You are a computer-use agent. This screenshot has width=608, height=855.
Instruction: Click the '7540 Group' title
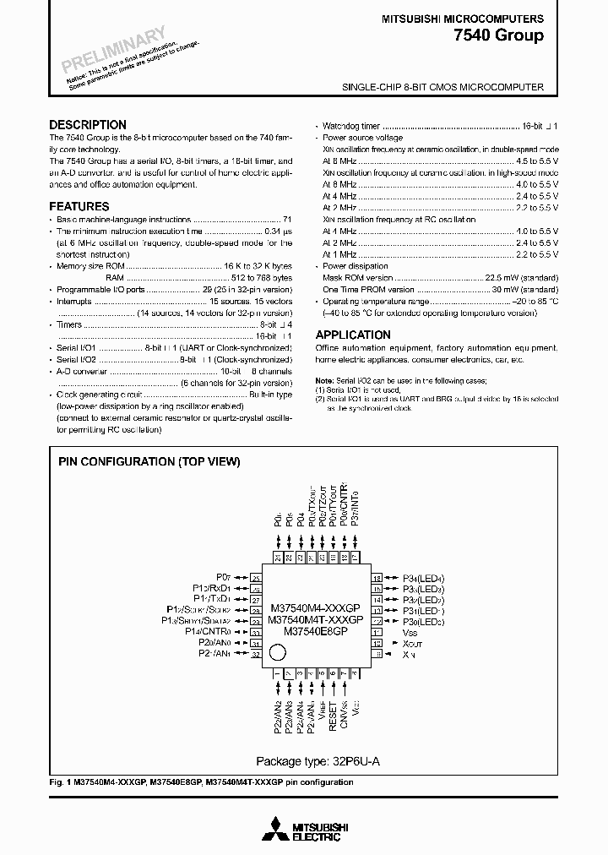point(501,35)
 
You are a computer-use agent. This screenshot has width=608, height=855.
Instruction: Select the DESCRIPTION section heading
point(88,124)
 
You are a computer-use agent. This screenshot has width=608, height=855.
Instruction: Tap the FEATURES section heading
point(79,206)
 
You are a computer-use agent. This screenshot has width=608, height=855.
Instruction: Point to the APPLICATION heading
point(353,335)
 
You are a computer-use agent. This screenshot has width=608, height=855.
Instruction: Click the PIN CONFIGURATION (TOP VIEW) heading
point(149,462)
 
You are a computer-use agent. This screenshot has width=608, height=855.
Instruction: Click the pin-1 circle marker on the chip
point(276,652)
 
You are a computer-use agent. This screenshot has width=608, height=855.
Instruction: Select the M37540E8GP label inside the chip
point(316,630)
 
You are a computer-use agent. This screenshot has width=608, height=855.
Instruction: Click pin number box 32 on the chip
point(255,654)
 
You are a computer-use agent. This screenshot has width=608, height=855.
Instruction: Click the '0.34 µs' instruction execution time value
point(278,230)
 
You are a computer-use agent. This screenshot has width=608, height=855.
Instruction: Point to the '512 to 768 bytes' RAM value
point(262,277)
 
